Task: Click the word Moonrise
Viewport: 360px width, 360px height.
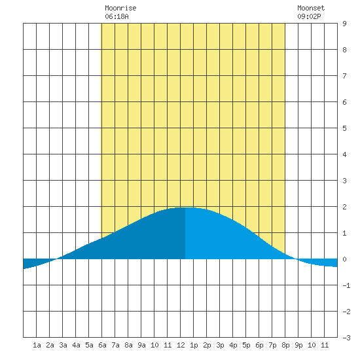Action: (120, 8)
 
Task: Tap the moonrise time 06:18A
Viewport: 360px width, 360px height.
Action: (117, 16)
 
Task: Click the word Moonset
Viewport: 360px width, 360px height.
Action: (311, 8)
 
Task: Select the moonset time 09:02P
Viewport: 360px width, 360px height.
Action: (309, 16)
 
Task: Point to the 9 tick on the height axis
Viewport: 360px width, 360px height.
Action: (344, 24)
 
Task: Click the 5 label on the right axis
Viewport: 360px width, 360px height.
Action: (344, 128)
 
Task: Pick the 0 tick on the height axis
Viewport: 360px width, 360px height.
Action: (344, 259)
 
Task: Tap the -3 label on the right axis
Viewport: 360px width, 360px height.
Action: (346, 338)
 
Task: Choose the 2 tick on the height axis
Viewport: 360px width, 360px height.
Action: (344, 207)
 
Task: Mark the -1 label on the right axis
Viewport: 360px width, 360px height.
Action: (346, 285)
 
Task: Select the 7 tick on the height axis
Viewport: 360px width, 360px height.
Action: (344, 76)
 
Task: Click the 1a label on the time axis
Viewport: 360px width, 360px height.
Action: (37, 345)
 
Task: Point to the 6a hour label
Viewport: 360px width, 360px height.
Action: (102, 345)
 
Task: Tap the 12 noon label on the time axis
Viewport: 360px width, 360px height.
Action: (181, 345)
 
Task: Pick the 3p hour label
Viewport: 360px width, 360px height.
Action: (220, 345)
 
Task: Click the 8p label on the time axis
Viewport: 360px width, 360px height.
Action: (285, 345)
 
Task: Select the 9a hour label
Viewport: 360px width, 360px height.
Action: (141, 345)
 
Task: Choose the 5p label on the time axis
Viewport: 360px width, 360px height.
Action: (246, 345)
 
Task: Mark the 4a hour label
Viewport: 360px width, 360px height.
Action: (76, 345)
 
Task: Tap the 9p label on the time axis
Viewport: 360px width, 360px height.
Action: (298, 345)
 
